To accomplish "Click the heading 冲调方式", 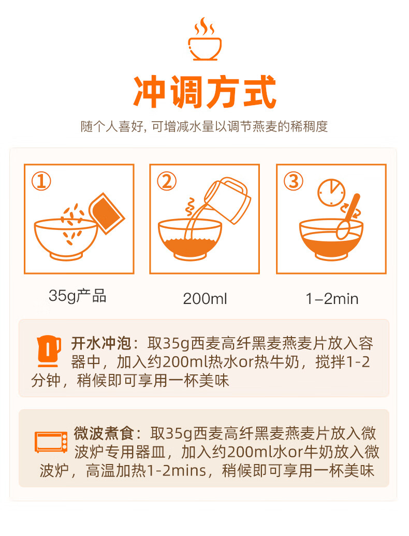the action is [x=204, y=92].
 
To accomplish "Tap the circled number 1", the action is [x=41, y=181].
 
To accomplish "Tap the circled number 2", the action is [x=167, y=181].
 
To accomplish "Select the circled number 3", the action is [x=294, y=181].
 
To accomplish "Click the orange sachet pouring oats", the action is [x=107, y=213].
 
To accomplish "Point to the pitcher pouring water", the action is [x=228, y=200].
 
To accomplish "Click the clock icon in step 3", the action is [x=331, y=193].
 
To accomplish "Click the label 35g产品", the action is [x=78, y=296].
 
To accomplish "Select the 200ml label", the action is [x=204, y=298].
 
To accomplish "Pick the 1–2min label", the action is [x=332, y=299].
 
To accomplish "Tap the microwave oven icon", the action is [x=51, y=442].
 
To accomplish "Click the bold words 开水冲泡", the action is [x=101, y=343].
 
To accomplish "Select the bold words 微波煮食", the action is [x=104, y=433].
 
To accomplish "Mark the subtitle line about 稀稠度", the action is [x=204, y=126].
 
